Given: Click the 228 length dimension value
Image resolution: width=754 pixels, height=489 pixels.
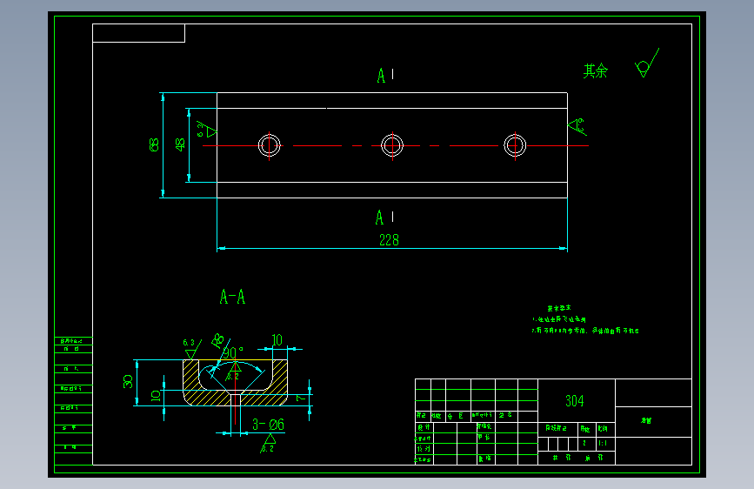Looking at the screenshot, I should [x=389, y=240].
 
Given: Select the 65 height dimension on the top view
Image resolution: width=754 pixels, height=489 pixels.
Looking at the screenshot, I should [x=154, y=144].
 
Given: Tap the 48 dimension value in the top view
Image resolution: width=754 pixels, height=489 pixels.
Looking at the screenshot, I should [x=181, y=144].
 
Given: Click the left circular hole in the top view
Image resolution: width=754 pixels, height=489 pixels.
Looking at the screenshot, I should [x=269, y=145].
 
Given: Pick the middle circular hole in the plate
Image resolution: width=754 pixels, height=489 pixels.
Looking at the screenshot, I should [x=392, y=145].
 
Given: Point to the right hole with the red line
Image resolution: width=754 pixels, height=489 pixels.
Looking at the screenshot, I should [x=515, y=145].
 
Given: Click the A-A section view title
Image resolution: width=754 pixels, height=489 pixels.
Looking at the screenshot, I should [x=232, y=298].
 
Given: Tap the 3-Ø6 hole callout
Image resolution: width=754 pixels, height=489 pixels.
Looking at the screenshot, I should [x=268, y=425].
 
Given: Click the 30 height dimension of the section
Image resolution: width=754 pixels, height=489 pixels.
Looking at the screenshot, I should [x=129, y=381].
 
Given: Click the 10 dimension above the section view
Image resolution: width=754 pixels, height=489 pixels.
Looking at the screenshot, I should [x=277, y=339].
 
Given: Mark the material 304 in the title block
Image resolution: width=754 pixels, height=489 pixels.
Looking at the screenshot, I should [x=575, y=401].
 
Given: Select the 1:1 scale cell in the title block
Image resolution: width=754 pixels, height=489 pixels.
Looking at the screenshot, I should [x=603, y=443].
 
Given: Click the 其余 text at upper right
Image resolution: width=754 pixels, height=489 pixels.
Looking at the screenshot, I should [x=596, y=71].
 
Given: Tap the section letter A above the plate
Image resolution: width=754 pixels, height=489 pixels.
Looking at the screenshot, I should [x=381, y=77].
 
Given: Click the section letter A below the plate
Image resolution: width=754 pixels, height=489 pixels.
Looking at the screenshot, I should [x=380, y=218].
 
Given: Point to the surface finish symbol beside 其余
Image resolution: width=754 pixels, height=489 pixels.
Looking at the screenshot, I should [x=644, y=68].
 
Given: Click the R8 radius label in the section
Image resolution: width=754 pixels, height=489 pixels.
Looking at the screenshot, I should [x=217, y=338].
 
